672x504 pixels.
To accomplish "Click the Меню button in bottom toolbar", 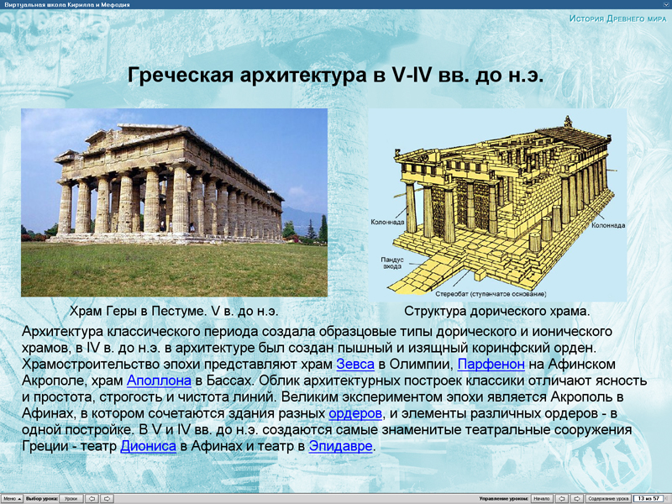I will (10, 498).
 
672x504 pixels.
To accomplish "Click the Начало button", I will (542, 498).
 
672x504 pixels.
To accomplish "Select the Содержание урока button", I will (608, 498).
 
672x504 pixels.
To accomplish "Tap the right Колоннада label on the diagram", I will (606, 225).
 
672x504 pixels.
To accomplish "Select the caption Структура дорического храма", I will (497, 312).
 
